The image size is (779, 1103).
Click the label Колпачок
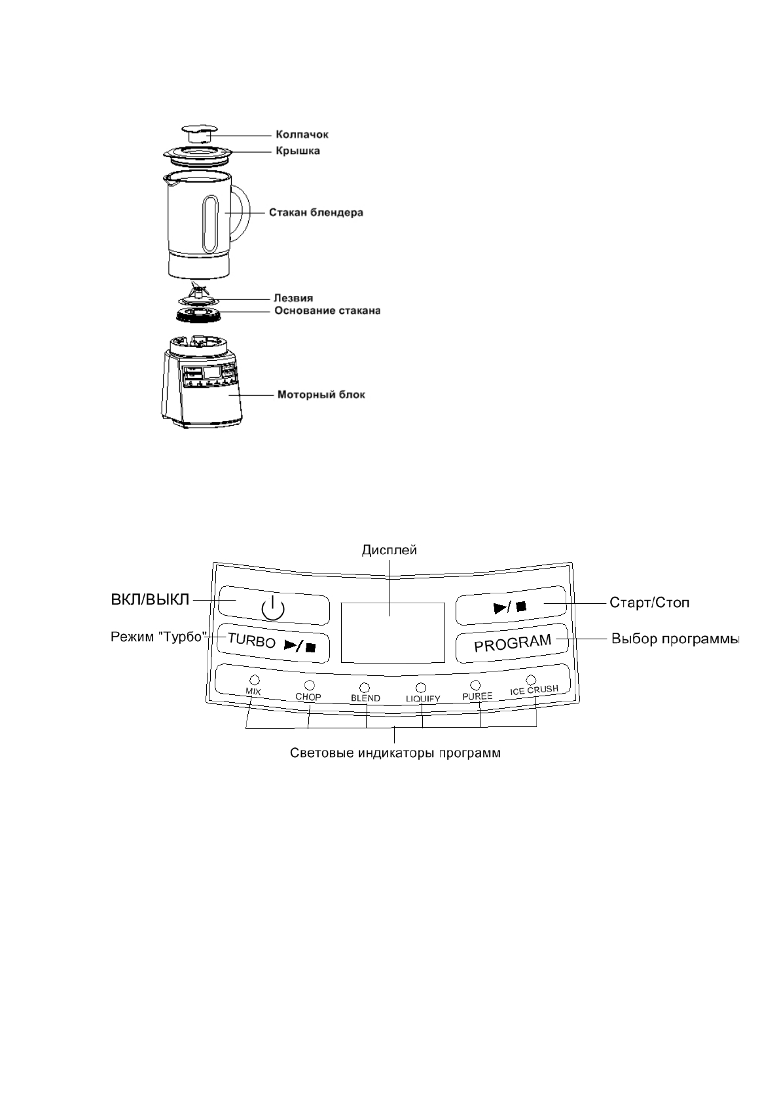[x=302, y=135]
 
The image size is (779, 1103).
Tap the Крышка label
[x=297, y=151]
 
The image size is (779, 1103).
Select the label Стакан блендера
[x=316, y=213]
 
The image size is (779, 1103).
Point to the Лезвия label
[x=293, y=299]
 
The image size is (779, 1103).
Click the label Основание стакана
[x=327, y=310]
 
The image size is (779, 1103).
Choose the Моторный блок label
[x=321, y=395]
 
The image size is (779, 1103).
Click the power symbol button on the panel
[x=273, y=609]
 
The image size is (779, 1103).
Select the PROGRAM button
[x=513, y=643]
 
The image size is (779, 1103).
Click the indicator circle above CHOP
[x=309, y=685]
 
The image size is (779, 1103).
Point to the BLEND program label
[x=365, y=698]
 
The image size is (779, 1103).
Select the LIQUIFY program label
[x=423, y=698]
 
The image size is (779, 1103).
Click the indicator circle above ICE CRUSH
[x=531, y=679]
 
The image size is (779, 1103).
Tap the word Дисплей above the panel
[x=389, y=551]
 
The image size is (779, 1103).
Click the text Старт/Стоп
[x=649, y=602]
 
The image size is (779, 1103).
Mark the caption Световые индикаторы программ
[x=395, y=753]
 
